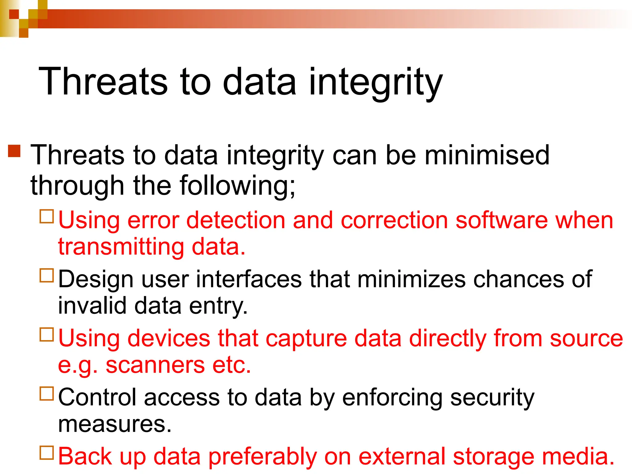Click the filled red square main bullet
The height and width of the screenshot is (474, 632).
[x=14, y=151]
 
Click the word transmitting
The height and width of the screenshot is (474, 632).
[x=121, y=247]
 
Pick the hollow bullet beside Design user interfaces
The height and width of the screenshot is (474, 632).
[x=47, y=275]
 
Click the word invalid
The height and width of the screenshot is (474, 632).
[x=92, y=306]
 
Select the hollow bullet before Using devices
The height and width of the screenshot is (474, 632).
[x=47, y=335]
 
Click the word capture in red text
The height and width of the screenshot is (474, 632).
[x=306, y=339]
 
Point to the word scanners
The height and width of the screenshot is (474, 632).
[x=155, y=365]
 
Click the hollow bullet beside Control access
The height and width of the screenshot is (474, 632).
[x=47, y=393]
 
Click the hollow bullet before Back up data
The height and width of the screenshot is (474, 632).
[x=47, y=453]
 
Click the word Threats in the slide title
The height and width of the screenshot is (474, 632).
[x=103, y=82]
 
